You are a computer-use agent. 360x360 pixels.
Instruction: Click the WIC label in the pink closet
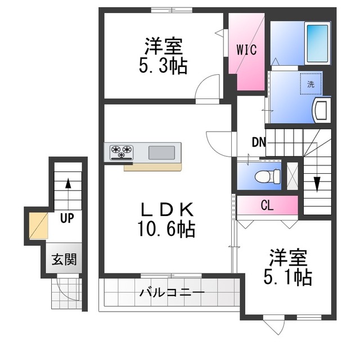(x=246, y=49)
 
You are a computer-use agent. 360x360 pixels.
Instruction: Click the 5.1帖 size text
(x=288, y=276)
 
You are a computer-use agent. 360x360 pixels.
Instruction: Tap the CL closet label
(x=267, y=205)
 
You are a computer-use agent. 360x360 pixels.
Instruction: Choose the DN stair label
(x=258, y=142)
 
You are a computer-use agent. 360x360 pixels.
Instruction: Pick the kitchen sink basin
(x=162, y=152)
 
